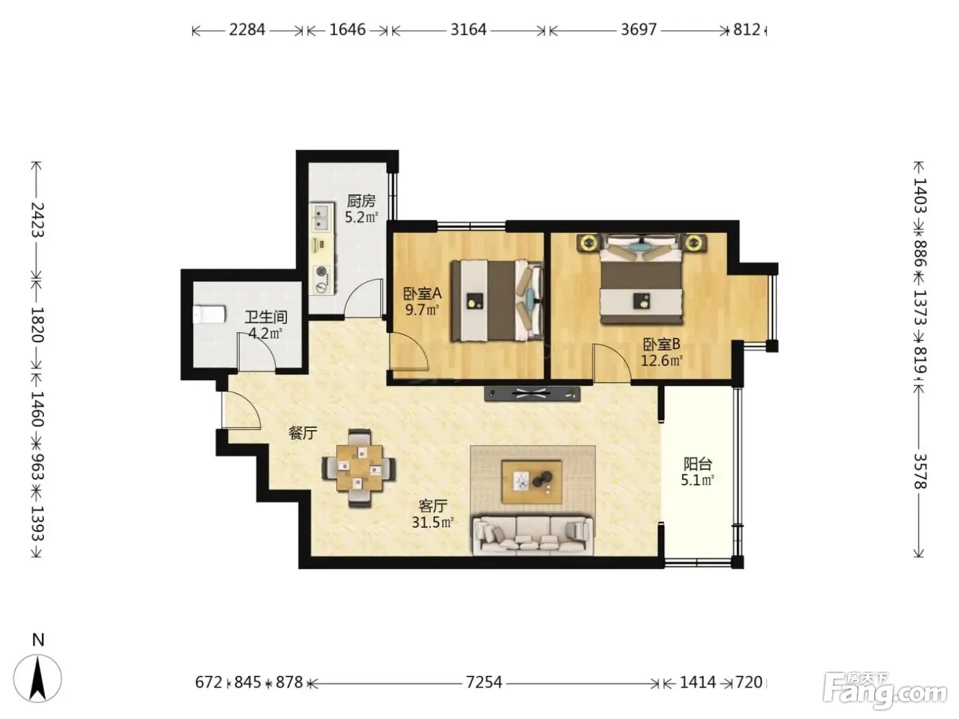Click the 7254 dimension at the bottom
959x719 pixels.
pyautogui.click(x=484, y=682)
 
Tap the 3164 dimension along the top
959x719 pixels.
pyautogui.click(x=469, y=29)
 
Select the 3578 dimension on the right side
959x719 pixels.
pyautogui.click(x=919, y=471)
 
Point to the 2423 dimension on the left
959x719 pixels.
pyautogui.click(x=38, y=219)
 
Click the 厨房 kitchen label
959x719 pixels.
pyautogui.click(x=361, y=201)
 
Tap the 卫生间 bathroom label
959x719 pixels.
pyautogui.click(x=266, y=317)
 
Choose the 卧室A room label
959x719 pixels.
pyautogui.click(x=422, y=294)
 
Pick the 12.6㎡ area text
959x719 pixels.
pyautogui.click(x=662, y=361)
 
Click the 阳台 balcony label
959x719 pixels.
pyautogui.click(x=698, y=464)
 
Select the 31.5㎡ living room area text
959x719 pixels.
pyautogui.click(x=432, y=522)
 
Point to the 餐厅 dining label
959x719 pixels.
pyautogui.click(x=302, y=433)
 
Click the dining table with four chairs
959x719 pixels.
pyautogui.click(x=359, y=468)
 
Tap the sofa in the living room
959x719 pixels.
pyautogui.click(x=533, y=535)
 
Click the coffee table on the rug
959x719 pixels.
pyautogui.click(x=532, y=482)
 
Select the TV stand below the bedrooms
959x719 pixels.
pyautogui.click(x=532, y=393)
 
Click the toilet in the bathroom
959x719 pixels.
pyautogui.click(x=210, y=314)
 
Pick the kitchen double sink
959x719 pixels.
pyautogui.click(x=323, y=218)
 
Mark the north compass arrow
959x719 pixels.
pyautogui.click(x=38, y=679)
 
